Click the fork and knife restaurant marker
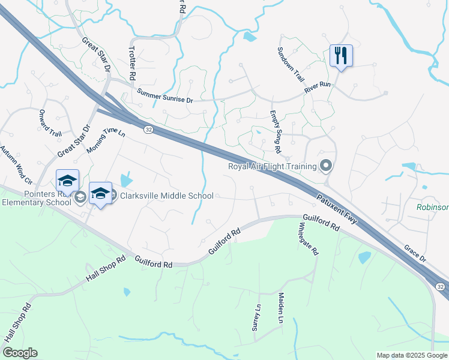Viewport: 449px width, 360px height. click(341, 56)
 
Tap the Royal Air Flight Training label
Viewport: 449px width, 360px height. click(272, 166)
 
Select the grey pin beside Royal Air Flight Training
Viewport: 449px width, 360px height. click(326, 165)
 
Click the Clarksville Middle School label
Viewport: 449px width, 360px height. click(167, 196)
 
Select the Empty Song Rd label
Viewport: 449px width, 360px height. click(276, 131)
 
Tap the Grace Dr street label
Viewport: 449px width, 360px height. click(414, 252)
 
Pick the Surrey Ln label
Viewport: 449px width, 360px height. click(256, 317)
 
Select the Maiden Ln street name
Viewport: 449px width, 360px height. click(280, 308)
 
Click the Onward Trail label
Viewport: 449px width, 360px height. click(50, 123)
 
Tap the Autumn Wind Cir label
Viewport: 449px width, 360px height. click(16, 164)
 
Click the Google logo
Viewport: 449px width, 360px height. click(20, 353)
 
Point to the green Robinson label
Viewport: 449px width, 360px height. click(432, 207)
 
